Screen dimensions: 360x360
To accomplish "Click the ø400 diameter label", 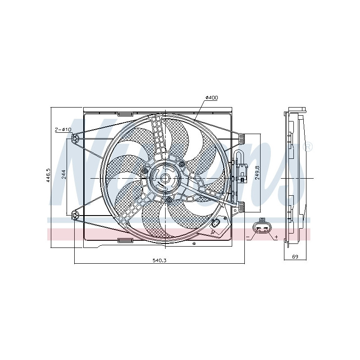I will click(211, 98).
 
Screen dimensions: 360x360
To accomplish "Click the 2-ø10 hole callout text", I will click(63, 130).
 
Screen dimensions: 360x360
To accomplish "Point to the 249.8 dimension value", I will click(257, 173).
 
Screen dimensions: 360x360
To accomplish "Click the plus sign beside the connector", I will click(276, 237).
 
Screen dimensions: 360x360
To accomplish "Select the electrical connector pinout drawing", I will click(261, 228).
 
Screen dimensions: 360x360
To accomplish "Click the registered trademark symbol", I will click(309, 147).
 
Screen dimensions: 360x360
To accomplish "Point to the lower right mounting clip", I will click(241, 207).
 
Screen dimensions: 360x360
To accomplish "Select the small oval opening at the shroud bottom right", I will click(216, 224).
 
